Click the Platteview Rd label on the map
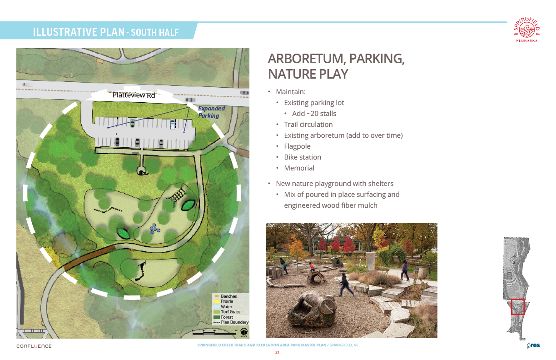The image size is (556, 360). coord(134,95)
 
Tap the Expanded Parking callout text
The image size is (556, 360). coord(211,112)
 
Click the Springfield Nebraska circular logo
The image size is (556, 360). coord(526,29)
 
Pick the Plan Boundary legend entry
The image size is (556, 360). coord(231,322)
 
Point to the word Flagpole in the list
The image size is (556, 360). coord(297,146)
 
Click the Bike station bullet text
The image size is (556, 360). coord(303,157)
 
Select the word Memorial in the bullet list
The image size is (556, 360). coord(299,168)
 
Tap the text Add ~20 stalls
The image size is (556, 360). coord(314,114)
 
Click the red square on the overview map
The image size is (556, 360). coord(518,307)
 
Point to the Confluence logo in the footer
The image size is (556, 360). coord(34,346)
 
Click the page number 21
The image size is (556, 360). coord(277,352)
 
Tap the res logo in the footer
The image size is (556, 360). coord(533,345)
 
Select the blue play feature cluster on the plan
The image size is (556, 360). coord(154,229)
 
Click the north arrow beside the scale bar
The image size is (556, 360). coord(244,332)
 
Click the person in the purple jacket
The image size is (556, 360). coord(405,270)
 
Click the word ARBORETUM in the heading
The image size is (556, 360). coord(307,59)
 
